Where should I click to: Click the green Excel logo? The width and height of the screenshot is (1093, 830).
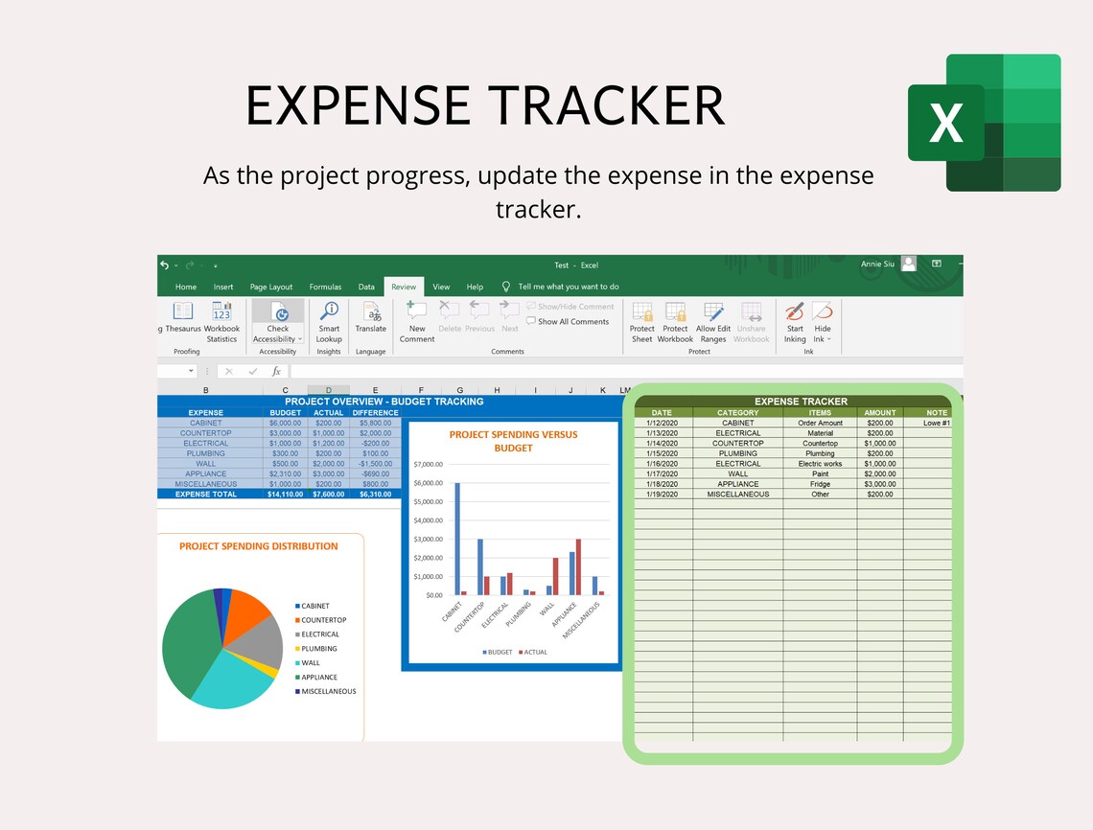[985, 123]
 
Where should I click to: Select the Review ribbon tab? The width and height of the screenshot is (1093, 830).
[404, 287]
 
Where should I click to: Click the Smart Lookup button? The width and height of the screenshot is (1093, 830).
[329, 322]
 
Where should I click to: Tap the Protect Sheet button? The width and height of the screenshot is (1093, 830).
[642, 322]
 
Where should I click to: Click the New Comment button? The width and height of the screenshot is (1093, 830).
[417, 322]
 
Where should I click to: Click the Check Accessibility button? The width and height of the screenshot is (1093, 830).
[278, 322]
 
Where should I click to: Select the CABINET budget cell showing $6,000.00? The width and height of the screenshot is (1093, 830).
[286, 423]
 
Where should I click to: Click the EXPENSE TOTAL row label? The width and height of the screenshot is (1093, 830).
[206, 494]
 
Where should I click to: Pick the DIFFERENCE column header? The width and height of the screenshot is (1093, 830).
[375, 413]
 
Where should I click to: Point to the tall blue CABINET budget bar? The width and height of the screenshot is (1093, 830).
[457, 538]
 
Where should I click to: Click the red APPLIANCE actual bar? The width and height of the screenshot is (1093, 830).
[578, 566]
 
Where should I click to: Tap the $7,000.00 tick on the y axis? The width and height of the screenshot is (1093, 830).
[428, 464]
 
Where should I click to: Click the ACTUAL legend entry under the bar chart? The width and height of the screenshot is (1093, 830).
[533, 652]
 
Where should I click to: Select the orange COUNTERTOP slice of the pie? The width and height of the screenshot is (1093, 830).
[252, 613]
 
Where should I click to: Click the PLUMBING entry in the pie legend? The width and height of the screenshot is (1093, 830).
[318, 649]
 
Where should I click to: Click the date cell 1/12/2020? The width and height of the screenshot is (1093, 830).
[661, 423]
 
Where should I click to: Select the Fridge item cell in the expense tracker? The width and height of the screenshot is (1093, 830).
[820, 484]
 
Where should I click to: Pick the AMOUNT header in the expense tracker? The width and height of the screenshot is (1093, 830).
[879, 413]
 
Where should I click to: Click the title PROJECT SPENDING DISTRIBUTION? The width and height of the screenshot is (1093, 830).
[259, 546]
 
